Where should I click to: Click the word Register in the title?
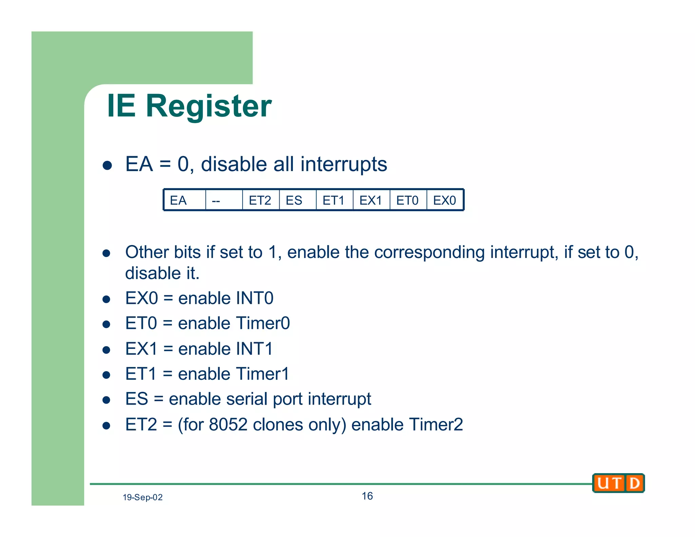click(209, 107)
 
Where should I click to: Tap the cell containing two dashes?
click(224, 200)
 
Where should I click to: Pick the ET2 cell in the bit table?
click(260, 200)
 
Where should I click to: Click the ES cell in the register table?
click(297, 200)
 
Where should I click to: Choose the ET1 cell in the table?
click(334, 200)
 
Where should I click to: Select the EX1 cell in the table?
click(371, 200)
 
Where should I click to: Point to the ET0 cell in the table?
click(408, 200)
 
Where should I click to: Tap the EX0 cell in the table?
click(445, 200)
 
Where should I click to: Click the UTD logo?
click(618, 483)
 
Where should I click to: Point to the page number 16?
click(367, 496)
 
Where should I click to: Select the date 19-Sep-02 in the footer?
click(143, 497)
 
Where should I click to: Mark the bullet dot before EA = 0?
click(107, 165)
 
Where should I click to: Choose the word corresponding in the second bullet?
click(429, 253)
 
